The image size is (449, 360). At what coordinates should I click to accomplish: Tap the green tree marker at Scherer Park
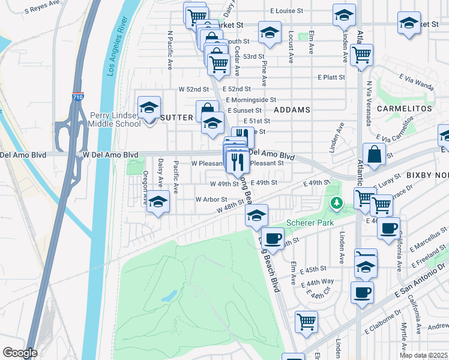point(337,203)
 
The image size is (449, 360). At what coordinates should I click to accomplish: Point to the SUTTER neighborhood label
point(176,118)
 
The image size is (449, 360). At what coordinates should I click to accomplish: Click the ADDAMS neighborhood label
point(292,110)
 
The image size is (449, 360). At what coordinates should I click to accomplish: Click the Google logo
point(20,353)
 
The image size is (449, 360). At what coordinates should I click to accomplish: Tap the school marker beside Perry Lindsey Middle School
point(149,109)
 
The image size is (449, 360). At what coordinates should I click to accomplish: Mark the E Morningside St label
point(251,100)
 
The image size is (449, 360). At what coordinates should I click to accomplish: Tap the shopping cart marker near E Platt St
point(361,55)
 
